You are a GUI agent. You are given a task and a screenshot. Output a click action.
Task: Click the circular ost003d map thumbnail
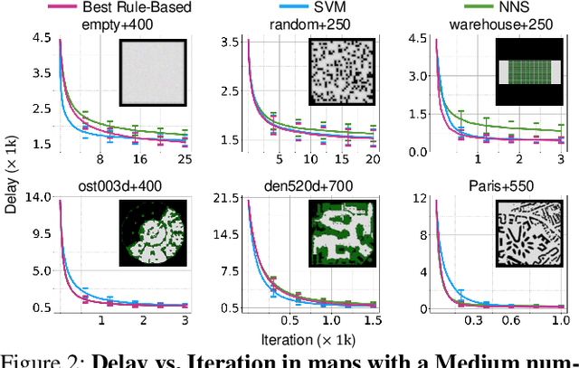[152, 234]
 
